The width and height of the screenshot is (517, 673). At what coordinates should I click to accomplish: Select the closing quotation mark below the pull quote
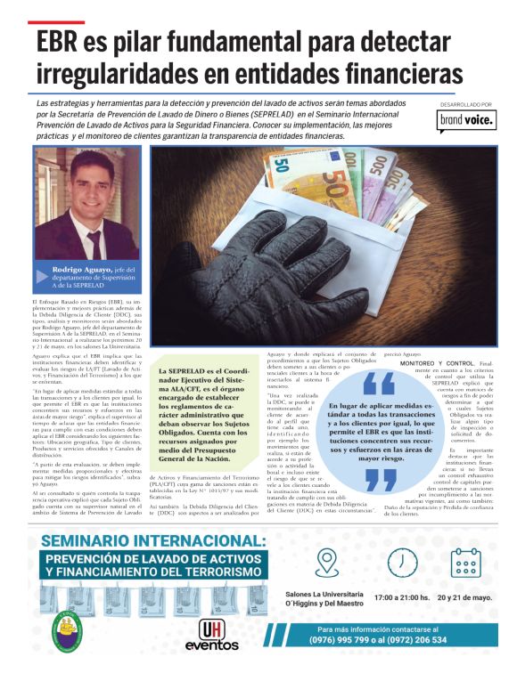pyautogui.click(x=381, y=479)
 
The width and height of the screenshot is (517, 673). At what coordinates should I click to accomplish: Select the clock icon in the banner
pyautogui.click(x=403, y=562)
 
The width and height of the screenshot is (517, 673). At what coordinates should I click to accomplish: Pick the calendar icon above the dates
pyautogui.click(x=464, y=563)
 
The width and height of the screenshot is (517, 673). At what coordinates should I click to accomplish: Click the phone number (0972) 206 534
pyautogui.click(x=414, y=664)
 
